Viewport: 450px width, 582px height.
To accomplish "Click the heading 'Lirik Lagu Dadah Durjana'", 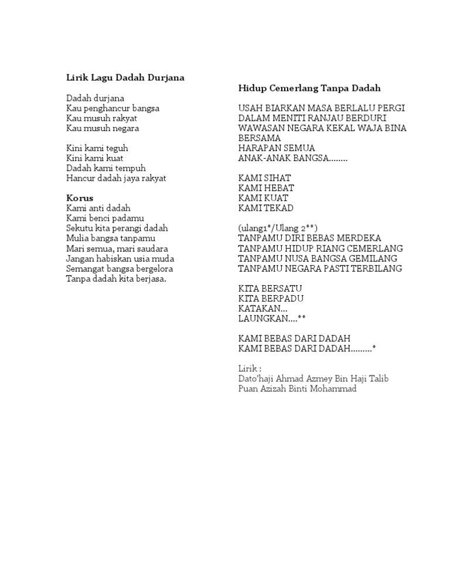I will click(x=125, y=78).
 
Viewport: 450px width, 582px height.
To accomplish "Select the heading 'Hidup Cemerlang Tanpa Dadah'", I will click(x=309, y=88).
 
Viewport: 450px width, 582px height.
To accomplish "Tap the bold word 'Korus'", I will click(x=80, y=198).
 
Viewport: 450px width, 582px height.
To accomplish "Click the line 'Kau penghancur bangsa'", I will click(x=112, y=108).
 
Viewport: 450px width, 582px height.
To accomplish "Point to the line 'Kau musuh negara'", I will click(x=103, y=128).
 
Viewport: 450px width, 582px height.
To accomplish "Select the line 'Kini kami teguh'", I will click(x=97, y=148).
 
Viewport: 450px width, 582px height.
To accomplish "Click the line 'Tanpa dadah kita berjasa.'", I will click(x=117, y=279).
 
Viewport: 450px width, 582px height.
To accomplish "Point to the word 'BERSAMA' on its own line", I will click(x=260, y=138).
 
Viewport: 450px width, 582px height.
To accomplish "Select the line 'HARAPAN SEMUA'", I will click(x=277, y=148).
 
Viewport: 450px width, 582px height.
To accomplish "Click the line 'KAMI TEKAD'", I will click(x=266, y=208).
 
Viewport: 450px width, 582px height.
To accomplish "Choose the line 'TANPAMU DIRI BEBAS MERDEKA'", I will click(x=309, y=238).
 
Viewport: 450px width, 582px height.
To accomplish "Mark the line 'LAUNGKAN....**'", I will click(x=272, y=319).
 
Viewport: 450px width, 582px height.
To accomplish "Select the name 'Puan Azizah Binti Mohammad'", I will click(x=297, y=389).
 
